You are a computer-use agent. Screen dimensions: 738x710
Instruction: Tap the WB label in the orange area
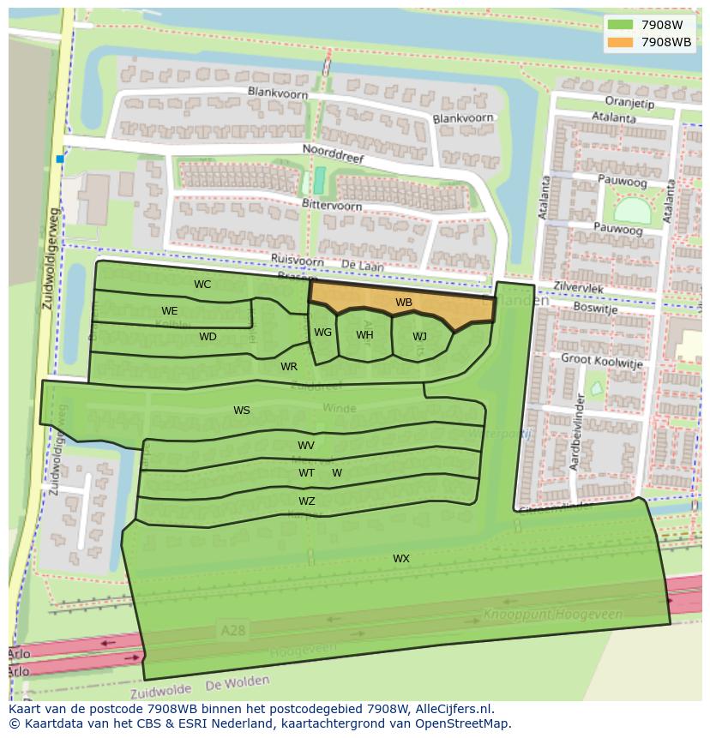pos(404,303)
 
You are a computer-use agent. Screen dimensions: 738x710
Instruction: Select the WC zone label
pos(202,285)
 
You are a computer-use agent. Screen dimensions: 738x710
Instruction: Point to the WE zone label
pos(170,311)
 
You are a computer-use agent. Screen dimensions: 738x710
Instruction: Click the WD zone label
pos(208,337)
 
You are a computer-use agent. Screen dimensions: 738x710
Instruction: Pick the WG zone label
pos(322,333)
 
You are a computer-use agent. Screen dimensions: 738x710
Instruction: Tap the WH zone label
pos(364,335)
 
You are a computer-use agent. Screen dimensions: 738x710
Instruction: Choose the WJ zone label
pos(419,337)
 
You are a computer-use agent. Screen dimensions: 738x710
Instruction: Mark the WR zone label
pos(289,367)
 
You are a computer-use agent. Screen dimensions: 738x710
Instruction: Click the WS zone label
pos(242,411)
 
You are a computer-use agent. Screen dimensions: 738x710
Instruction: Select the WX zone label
pos(401,559)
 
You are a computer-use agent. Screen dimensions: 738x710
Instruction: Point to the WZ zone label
pos(306,501)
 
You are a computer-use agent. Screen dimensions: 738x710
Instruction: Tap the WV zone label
pos(306,446)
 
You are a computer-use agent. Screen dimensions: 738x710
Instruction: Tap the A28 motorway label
pos(232,630)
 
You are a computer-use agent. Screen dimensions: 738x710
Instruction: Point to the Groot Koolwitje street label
pos(601,361)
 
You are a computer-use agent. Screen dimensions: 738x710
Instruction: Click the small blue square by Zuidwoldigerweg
pos(60,159)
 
